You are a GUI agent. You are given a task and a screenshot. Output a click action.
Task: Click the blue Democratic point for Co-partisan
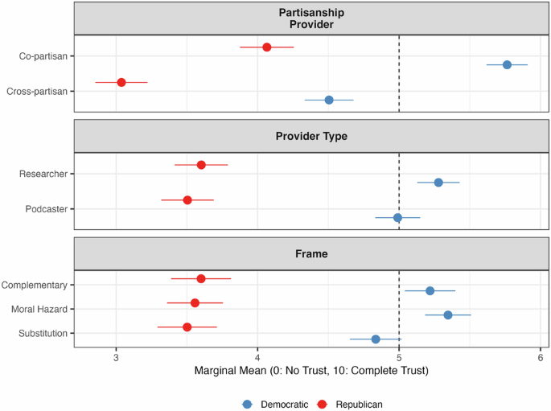(x=507, y=64)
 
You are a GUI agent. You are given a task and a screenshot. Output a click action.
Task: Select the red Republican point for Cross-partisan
(x=121, y=82)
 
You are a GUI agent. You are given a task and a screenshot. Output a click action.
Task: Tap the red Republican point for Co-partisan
(x=267, y=47)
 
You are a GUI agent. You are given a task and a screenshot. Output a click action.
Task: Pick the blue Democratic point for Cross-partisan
(x=329, y=100)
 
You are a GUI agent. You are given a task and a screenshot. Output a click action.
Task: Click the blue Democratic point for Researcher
(x=438, y=183)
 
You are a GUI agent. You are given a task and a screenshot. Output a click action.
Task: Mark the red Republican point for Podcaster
(x=187, y=199)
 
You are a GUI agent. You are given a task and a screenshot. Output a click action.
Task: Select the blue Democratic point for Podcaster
(x=397, y=217)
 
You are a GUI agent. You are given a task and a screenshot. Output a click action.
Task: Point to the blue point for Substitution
(x=376, y=339)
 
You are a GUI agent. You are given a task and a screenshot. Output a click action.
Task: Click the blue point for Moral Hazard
(x=448, y=314)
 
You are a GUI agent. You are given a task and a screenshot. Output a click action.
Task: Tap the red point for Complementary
(x=201, y=278)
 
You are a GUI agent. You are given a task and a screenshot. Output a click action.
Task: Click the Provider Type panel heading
(x=311, y=137)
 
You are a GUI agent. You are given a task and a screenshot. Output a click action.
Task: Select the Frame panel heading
(x=311, y=253)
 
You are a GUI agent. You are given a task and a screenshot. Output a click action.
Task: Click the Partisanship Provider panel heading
(x=311, y=18)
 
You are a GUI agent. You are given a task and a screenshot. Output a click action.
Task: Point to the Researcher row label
(x=45, y=174)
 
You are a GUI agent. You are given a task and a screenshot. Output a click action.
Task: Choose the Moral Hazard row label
(x=39, y=309)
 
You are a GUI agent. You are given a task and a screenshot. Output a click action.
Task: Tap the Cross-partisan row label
(x=37, y=91)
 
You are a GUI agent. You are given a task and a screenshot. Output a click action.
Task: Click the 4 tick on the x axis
(x=257, y=356)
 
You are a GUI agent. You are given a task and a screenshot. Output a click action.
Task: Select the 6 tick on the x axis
(x=540, y=356)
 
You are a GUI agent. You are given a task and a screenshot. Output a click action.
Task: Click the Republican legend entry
(x=352, y=405)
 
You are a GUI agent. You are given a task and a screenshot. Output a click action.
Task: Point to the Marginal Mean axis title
(x=311, y=372)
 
